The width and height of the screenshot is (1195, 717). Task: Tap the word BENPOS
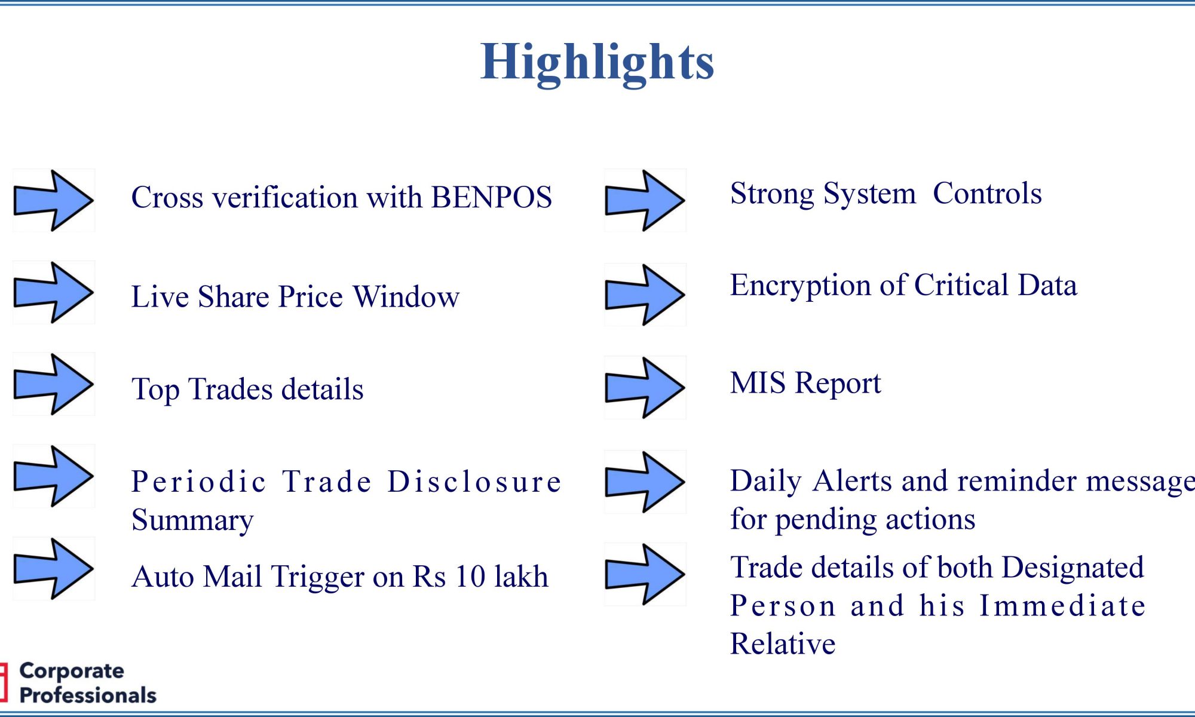click(x=491, y=197)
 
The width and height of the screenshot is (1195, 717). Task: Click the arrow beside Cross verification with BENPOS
click(x=53, y=200)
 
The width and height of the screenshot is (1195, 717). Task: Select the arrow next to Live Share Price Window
click(x=53, y=292)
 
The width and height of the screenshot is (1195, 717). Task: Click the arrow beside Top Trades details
click(x=53, y=384)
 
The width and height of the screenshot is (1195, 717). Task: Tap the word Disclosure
click(x=474, y=482)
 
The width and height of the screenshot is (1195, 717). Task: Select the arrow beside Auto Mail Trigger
click(x=53, y=568)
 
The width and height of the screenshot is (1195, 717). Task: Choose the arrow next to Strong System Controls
click(x=645, y=200)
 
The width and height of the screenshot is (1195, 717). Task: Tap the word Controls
click(x=987, y=193)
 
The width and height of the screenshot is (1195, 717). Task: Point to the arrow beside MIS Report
click(x=645, y=387)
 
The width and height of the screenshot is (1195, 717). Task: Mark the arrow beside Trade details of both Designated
click(x=645, y=574)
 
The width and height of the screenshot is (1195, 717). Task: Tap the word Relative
click(x=783, y=644)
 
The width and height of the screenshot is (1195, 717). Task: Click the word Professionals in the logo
click(x=88, y=695)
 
